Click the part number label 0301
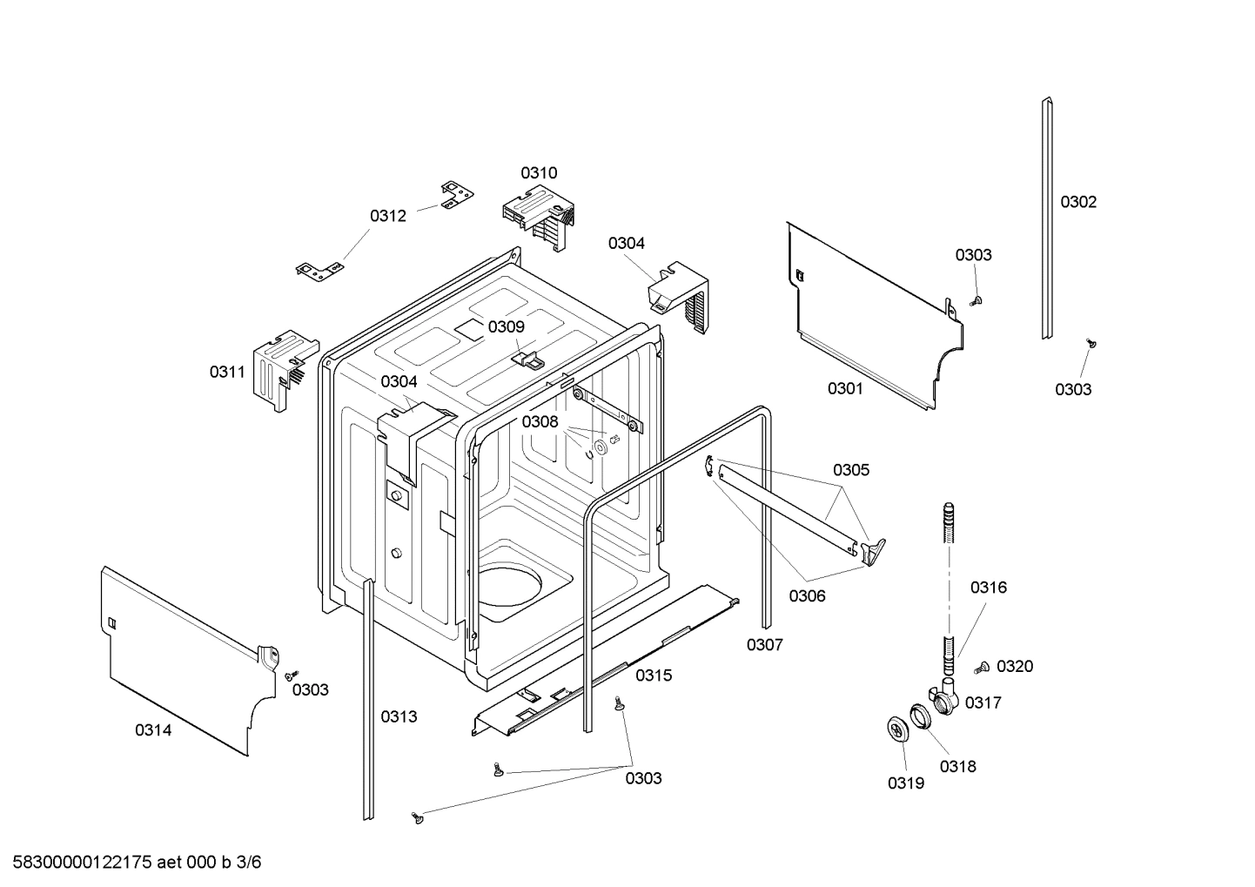coord(844,388)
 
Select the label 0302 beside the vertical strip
coord(1077,202)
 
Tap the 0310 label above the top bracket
coord(539,173)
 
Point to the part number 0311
coord(227,373)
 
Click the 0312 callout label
coord(387,216)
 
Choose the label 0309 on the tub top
coord(506,327)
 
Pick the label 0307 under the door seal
coord(764,645)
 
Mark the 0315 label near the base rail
coord(653,675)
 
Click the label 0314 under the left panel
coord(153,731)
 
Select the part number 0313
coord(399,717)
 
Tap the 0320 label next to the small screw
coord(1015,667)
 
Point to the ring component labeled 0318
coord(922,716)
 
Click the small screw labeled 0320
coord(983,668)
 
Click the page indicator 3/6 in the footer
coord(249,863)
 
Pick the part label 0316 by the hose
coord(988,588)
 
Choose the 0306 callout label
coord(807,596)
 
